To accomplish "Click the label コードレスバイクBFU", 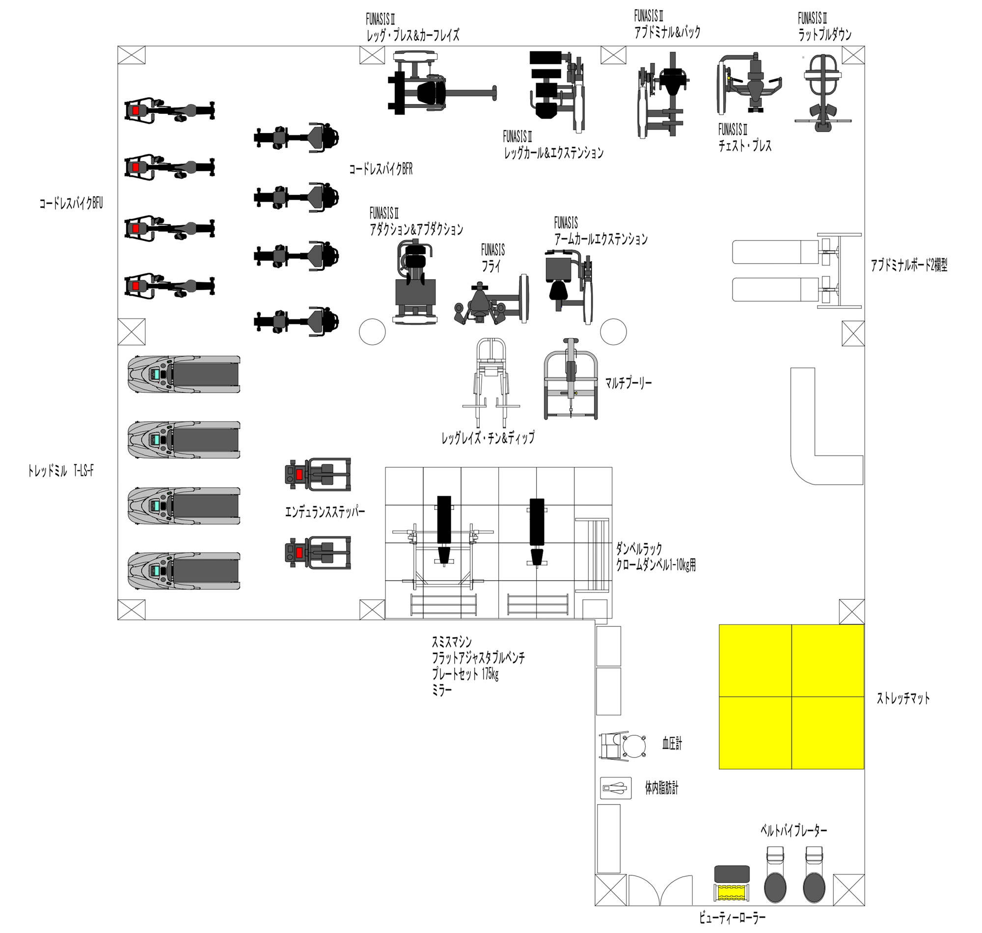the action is (x=71, y=203).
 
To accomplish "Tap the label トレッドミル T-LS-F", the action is (x=61, y=471).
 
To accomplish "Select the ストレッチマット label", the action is (x=903, y=698).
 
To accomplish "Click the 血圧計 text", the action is (x=672, y=744).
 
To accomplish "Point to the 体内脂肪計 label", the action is (x=662, y=788).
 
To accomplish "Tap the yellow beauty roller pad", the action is (x=732, y=892).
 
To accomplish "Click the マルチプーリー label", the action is (x=628, y=383).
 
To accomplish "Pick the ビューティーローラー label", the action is (x=732, y=918).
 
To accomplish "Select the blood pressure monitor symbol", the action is (x=623, y=746).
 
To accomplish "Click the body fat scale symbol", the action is (x=616, y=788).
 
